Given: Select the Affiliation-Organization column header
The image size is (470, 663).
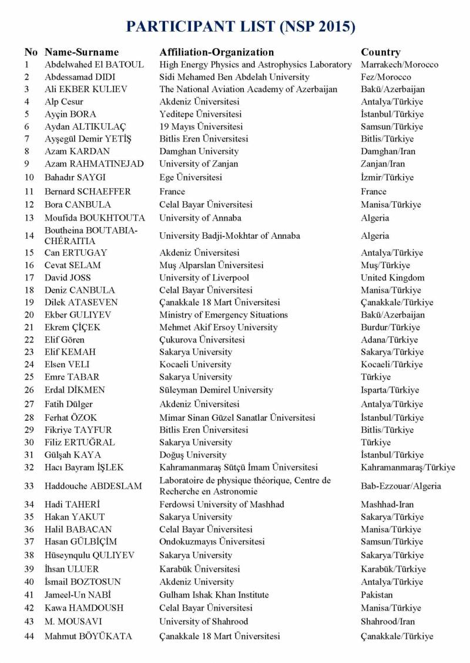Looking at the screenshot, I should pyautogui.click(x=216, y=52).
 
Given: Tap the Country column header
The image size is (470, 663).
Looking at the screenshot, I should pyautogui.click(x=381, y=52).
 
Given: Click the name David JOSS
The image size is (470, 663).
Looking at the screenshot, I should pyautogui.click(x=68, y=278).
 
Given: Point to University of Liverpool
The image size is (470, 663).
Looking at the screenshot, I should pyautogui.click(x=204, y=278).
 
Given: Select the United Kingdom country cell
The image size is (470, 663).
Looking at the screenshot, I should pyautogui.click(x=392, y=278).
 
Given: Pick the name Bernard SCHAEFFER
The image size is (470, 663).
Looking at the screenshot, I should pyautogui.click(x=88, y=191).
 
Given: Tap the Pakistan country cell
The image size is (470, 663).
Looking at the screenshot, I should pyautogui.click(x=378, y=595).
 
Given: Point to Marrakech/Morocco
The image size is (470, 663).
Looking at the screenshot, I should pyautogui.click(x=399, y=65).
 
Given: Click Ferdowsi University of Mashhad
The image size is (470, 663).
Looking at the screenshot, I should pyautogui.click(x=221, y=505).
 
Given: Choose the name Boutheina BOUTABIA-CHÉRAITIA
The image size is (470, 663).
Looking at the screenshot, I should pyautogui.click(x=91, y=236).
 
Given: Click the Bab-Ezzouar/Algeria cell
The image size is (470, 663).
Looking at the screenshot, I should pyautogui.click(x=401, y=486).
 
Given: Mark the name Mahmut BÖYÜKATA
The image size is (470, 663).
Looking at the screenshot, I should pyautogui.click(x=88, y=636).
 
